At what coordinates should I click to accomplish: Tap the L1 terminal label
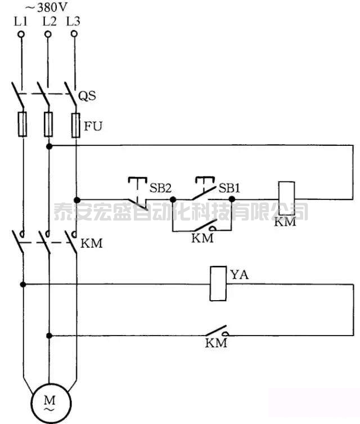[x=21, y=22]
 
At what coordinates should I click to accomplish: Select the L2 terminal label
[x=49, y=22]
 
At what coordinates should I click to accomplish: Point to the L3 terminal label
[x=73, y=22]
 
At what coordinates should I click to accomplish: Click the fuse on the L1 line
[x=22, y=124]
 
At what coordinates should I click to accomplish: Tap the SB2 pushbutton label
[x=160, y=188]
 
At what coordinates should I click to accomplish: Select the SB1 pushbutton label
[x=229, y=188]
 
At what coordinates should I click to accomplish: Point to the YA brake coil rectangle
[x=217, y=283]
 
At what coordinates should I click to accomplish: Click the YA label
[x=239, y=275]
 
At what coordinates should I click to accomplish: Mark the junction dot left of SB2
[x=76, y=199]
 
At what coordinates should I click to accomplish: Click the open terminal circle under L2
[x=48, y=34]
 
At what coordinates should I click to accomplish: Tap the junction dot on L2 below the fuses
[x=49, y=146]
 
